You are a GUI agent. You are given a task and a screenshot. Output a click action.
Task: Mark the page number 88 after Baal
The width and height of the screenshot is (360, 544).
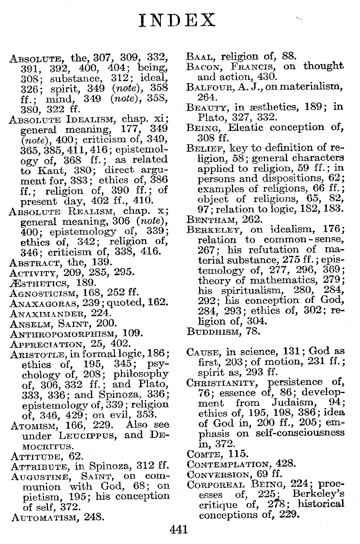(289, 56)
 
